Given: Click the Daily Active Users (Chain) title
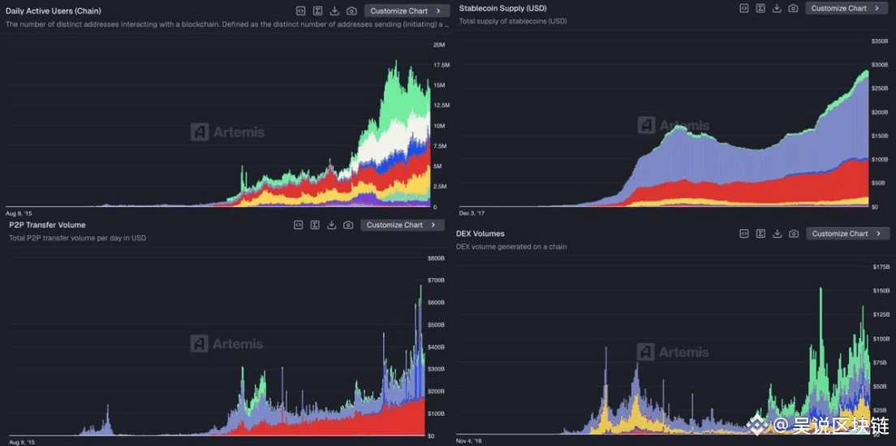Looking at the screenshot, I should [x=54, y=11].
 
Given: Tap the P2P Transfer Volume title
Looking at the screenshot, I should [x=47, y=225].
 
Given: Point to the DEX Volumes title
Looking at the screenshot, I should [x=480, y=234].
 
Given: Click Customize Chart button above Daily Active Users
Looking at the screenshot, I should [x=405, y=11].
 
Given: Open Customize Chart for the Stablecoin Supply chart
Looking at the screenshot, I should [x=846, y=8].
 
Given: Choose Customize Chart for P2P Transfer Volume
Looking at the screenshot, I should [x=401, y=225].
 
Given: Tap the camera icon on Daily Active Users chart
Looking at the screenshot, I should [x=351, y=11].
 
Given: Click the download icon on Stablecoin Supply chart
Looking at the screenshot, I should [x=777, y=8].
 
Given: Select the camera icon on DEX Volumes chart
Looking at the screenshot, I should [x=794, y=234].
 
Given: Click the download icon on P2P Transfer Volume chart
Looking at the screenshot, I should [x=331, y=225].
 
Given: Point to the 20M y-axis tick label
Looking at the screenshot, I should [x=440, y=45].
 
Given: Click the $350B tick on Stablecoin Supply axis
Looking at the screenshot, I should [x=880, y=41].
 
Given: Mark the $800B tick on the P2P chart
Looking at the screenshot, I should [x=436, y=258].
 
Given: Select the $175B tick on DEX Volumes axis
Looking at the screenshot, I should [x=881, y=266].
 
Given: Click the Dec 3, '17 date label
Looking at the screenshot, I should [x=472, y=213].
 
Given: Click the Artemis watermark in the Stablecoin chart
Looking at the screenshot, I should [x=673, y=125].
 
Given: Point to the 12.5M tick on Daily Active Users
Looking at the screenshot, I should [x=442, y=106].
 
